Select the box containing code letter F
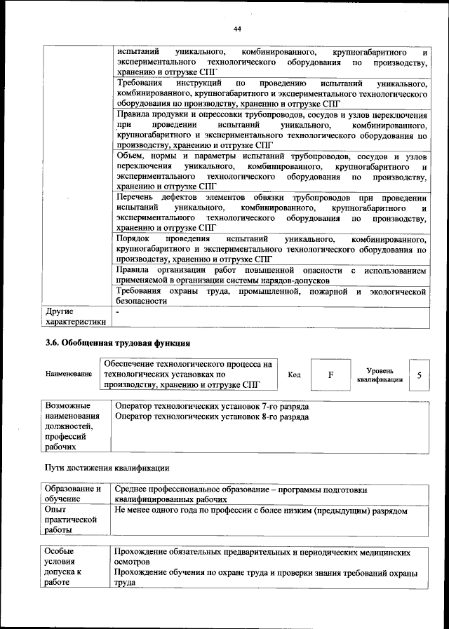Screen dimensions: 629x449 pos(330,374)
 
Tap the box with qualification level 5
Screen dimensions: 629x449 pos(419,375)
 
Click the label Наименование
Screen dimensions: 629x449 pos(69,374)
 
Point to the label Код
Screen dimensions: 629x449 pos(295,375)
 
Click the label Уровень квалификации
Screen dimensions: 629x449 pos(380,375)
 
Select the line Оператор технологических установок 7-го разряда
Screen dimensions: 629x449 pos(211,407)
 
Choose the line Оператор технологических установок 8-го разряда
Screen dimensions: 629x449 pos(211,417)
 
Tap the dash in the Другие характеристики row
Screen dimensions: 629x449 pos(118,311)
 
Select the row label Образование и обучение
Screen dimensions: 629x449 pos(74,494)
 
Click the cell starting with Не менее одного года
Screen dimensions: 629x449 pos(260,512)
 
